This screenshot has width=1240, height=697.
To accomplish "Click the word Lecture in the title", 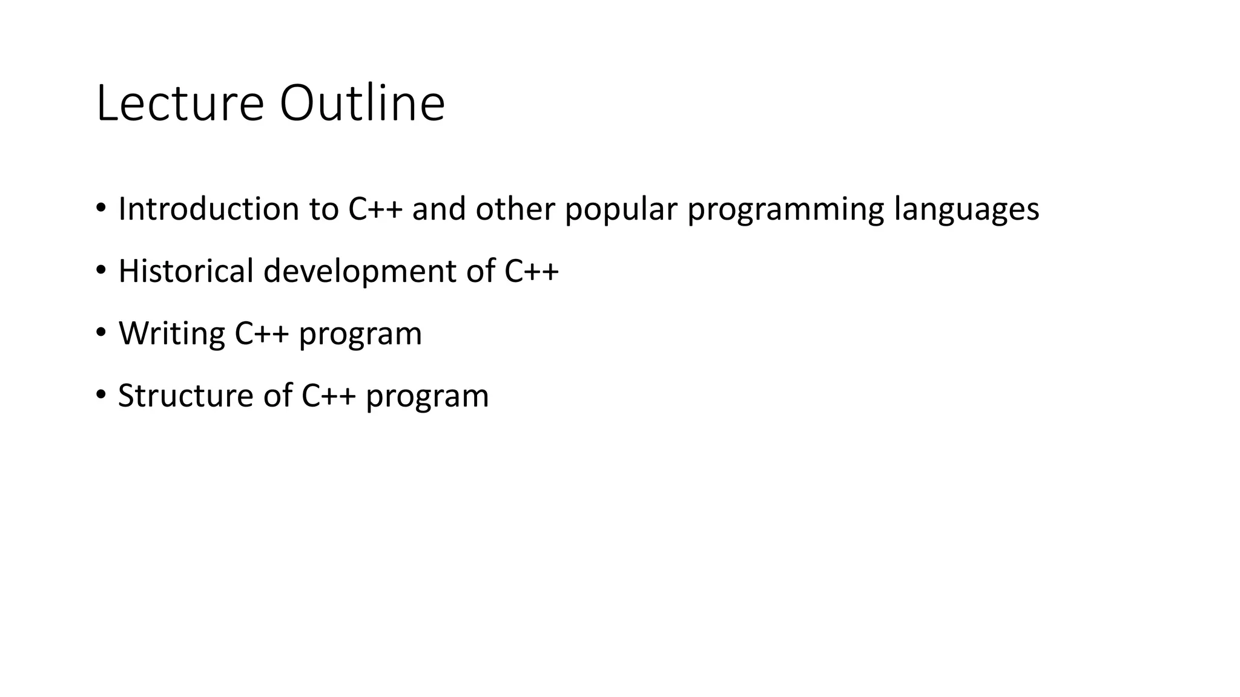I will pos(180,103).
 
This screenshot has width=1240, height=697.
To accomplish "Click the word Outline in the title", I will pos(362,103).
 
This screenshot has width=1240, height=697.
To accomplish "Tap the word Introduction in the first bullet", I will pos(208,209).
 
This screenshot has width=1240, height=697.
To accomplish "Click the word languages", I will pos(966,210).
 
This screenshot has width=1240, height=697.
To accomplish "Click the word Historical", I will pos(185,270).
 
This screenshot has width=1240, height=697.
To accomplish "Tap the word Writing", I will pos(171,334).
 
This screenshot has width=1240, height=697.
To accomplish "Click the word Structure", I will pos(185,396).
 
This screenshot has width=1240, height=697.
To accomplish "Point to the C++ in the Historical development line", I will pos(532,270).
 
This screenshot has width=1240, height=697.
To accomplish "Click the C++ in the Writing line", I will pos(262,333).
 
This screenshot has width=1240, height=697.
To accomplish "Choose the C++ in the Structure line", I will pos(328,396).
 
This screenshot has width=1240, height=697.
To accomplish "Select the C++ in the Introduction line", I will pos(375,209).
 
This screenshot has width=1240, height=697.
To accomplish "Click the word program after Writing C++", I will pos(360,335).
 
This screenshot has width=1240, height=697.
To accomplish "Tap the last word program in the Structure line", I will pos(427,397).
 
